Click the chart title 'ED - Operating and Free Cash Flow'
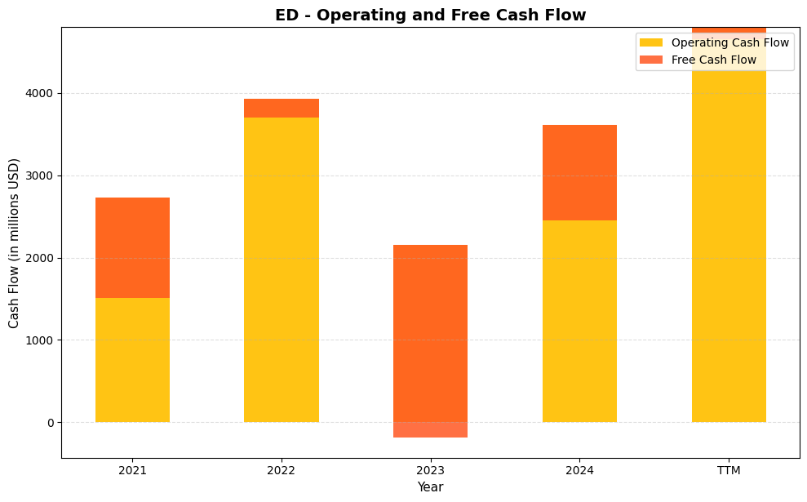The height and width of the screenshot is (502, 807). [430, 15]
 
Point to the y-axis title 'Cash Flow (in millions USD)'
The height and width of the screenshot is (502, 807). [14, 242]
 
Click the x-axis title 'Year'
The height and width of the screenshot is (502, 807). [430, 487]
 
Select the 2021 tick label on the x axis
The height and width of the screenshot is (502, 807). [132, 470]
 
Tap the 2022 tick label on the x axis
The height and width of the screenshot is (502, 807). [282, 470]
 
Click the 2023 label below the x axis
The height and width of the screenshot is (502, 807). [430, 470]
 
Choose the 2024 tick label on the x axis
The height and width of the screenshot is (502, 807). [579, 470]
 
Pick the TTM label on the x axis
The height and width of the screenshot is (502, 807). [729, 470]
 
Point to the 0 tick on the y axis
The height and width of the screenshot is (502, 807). [49, 423]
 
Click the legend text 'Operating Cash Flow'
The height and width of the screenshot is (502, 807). [729, 42]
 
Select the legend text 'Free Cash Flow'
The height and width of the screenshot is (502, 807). [713, 60]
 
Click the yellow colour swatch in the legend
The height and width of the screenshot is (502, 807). [651, 42]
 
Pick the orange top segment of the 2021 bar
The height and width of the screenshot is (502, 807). [132, 247]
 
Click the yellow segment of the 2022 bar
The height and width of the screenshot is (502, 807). [282, 269]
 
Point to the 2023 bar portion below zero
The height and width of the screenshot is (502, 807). [430, 430]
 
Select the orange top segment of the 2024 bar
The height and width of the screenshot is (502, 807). [579, 172]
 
